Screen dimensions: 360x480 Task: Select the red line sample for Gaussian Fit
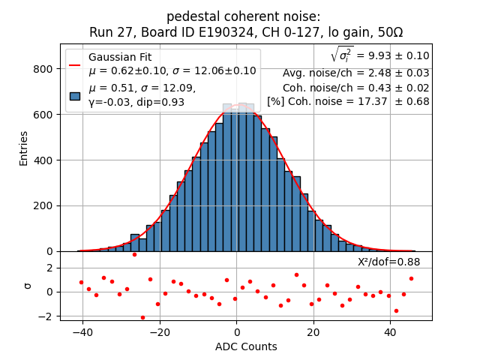(x=74, y=64)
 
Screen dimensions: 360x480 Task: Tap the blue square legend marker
(x=74, y=95)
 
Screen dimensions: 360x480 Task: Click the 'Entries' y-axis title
(x=24, y=148)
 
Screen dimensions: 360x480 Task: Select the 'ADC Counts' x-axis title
(x=246, y=346)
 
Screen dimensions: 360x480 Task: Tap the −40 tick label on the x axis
(x=81, y=332)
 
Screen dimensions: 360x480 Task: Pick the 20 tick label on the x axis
(x=313, y=332)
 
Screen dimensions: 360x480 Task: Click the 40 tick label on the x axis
(x=390, y=332)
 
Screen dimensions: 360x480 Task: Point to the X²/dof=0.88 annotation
(x=388, y=262)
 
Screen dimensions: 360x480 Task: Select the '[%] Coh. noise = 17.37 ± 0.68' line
(x=348, y=101)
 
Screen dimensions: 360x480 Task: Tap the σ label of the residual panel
(x=28, y=286)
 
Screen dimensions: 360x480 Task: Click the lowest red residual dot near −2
(x=142, y=317)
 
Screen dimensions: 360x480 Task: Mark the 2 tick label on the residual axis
(x=50, y=268)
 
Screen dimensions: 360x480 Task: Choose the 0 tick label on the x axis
(x=236, y=332)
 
